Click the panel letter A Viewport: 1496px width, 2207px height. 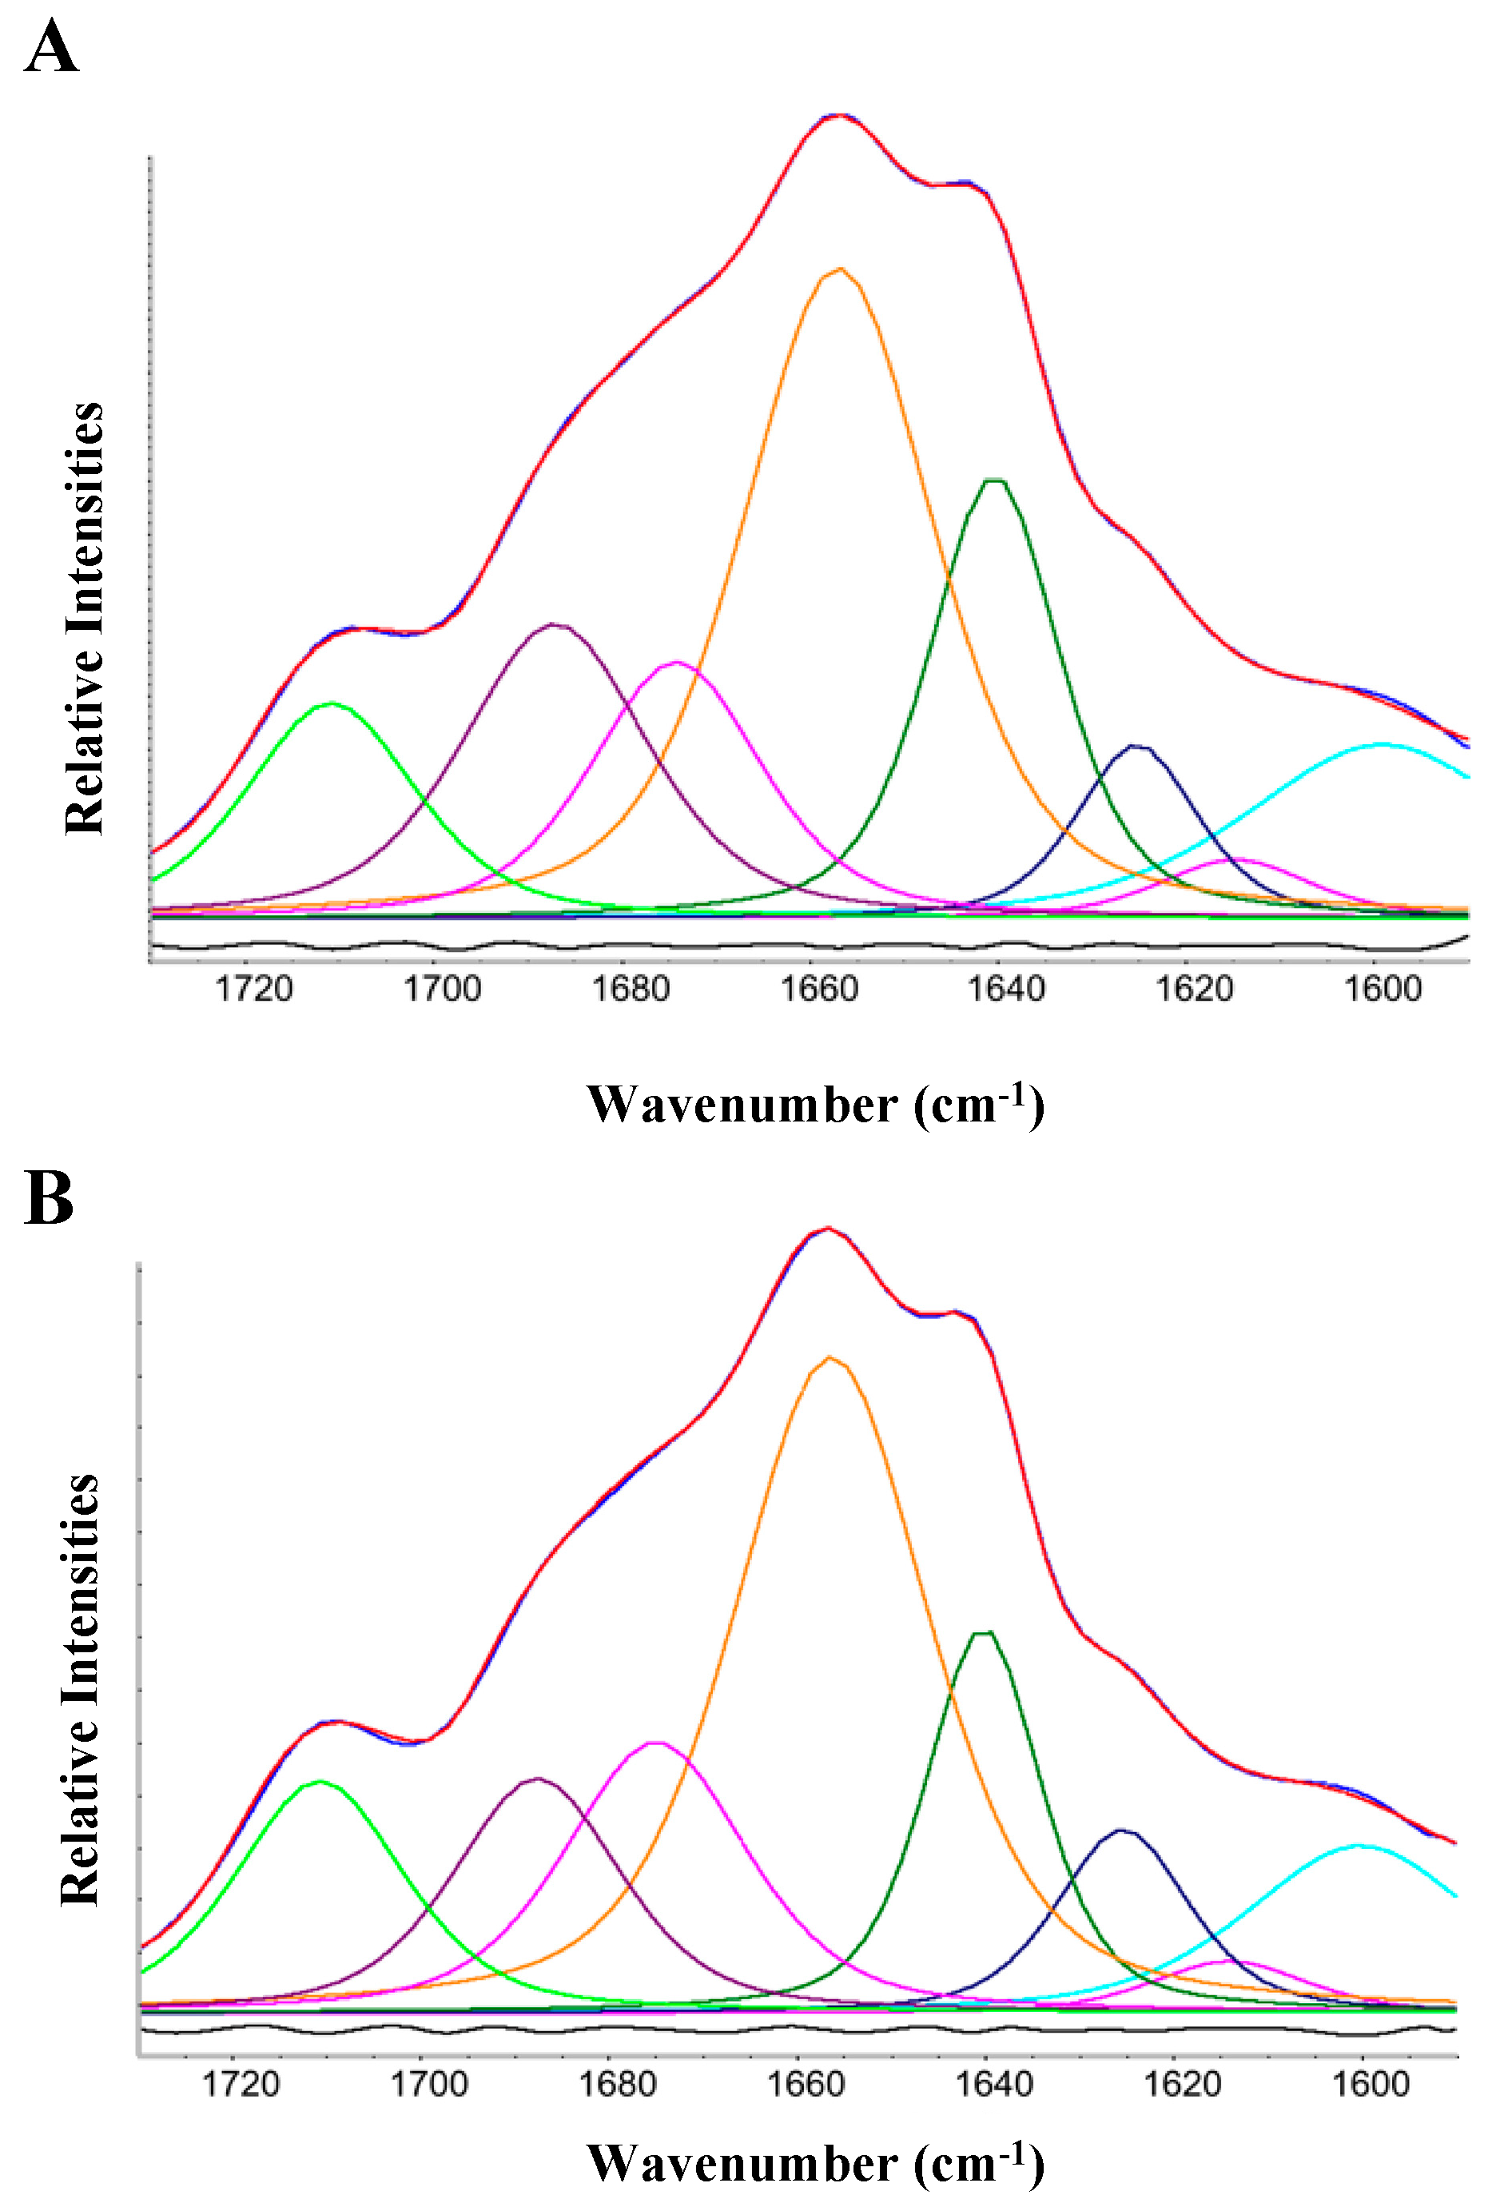pyautogui.click(x=50, y=47)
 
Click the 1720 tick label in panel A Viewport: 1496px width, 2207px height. pyautogui.click(x=253, y=989)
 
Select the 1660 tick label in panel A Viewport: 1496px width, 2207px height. pyautogui.click(x=818, y=989)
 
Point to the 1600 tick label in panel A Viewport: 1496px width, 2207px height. pyautogui.click(x=1382, y=989)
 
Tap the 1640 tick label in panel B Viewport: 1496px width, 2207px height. pyautogui.click(x=993, y=2084)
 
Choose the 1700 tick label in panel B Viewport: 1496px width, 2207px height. pyautogui.click(x=429, y=2084)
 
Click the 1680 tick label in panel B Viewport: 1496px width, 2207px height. pyautogui.click(x=617, y=2084)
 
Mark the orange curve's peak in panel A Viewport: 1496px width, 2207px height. pyautogui.click(x=840, y=269)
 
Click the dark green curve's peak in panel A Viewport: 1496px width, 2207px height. pyautogui.click(x=994, y=480)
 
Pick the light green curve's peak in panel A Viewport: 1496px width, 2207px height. pyautogui.click(x=332, y=703)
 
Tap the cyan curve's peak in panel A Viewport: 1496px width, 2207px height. pyautogui.click(x=1381, y=744)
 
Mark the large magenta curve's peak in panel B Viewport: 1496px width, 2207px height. pyautogui.click(x=656, y=1742)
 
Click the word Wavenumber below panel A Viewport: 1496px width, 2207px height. pyautogui.click(x=742, y=1105)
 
